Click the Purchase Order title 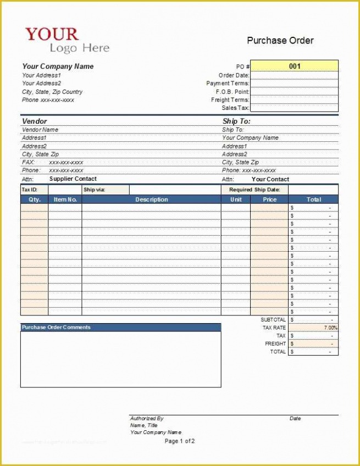[280, 40]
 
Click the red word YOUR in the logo [52, 34]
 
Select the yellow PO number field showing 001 [295, 66]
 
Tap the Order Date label [234, 75]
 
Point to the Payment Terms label [228, 84]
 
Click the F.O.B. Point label [232, 92]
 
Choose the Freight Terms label [230, 100]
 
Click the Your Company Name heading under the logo [58, 66]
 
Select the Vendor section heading [34, 121]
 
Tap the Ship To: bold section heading [236, 121]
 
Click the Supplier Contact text [73, 179]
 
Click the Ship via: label [94, 190]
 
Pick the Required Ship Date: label [254, 190]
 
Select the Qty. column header [34, 199]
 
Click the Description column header [152, 199]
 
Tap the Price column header [269, 199]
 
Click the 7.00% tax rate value [330, 328]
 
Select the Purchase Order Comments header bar [120, 328]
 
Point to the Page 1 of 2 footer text [180, 441]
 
